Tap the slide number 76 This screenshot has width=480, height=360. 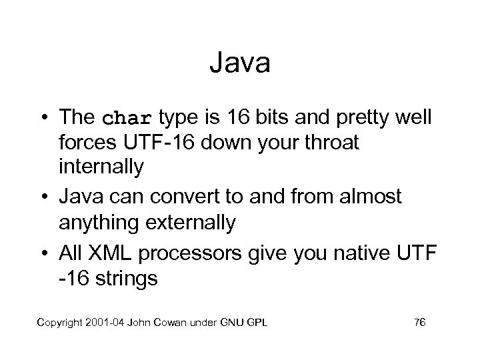[x=420, y=323]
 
